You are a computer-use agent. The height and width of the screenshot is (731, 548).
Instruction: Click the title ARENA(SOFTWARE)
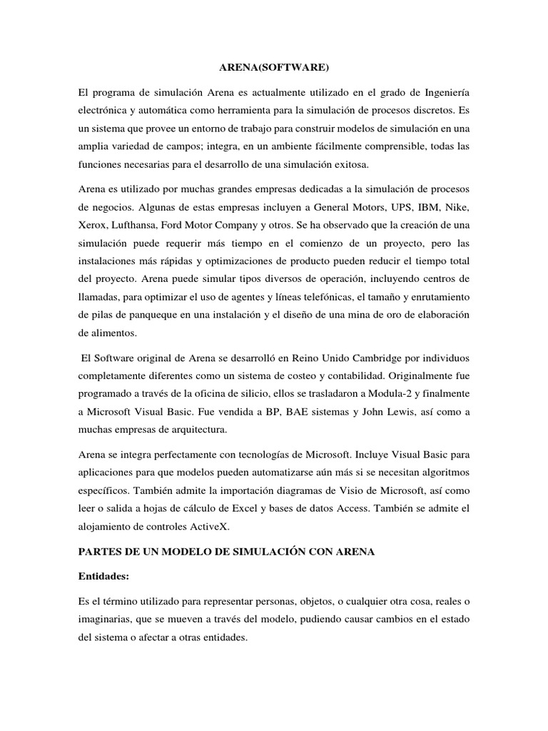(273, 69)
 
